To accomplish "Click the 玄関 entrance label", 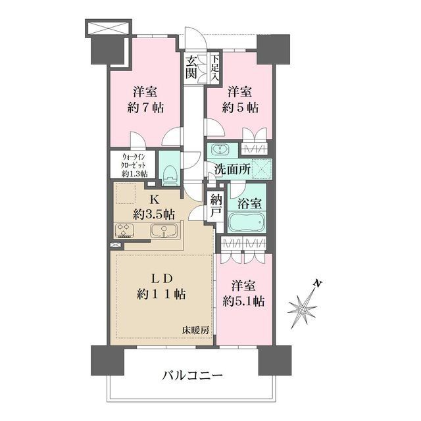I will coord(191,68).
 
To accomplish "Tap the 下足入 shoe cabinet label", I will coord(214,68).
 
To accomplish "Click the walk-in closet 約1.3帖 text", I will coord(134,174).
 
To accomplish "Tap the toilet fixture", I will coord(170,173).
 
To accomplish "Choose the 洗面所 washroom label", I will coord(230,168).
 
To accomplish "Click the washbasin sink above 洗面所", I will coord(220,149).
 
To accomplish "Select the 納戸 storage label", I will coord(216,206).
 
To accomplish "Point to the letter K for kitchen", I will coord(153,199).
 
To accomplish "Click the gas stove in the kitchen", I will coord(125,230).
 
